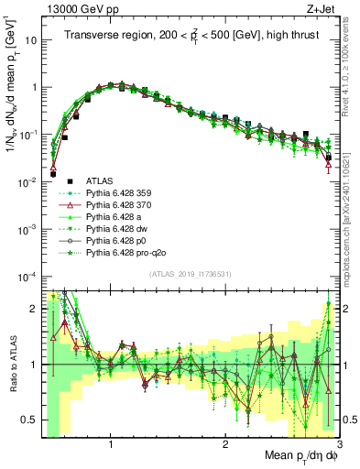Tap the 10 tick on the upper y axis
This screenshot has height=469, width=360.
pos(29,40)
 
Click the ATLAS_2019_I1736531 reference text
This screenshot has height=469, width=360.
pos(191,275)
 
